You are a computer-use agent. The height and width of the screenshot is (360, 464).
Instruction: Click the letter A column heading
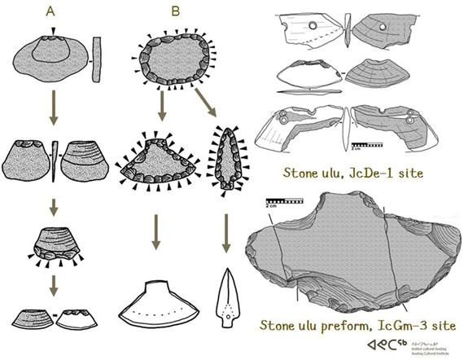(x=50, y=11)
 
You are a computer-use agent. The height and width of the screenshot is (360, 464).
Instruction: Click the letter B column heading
(x=175, y=11)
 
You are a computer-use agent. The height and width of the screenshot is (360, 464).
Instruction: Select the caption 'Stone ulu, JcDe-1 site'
(x=350, y=173)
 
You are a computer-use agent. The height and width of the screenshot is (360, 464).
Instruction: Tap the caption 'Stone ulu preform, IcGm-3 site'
(x=357, y=326)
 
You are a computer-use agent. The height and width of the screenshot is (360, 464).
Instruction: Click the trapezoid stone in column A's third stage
(x=53, y=244)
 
